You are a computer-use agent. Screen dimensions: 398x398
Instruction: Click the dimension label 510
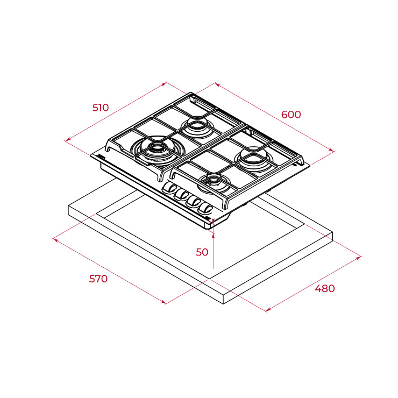101,108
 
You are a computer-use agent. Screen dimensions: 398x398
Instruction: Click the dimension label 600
291,115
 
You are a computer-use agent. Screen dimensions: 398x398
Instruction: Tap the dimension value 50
202,252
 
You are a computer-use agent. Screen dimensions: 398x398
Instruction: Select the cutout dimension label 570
98,279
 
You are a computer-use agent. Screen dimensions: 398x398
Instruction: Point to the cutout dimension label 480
325,289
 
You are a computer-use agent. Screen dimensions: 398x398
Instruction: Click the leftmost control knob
169,188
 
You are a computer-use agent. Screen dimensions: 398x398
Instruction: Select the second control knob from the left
181,195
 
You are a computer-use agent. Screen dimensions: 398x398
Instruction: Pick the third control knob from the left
194,202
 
